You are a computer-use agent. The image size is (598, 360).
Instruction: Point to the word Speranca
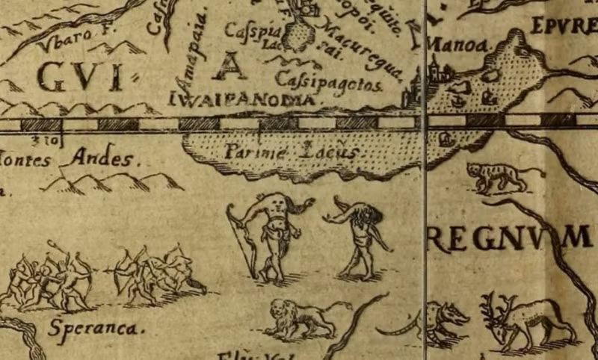(97, 327)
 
